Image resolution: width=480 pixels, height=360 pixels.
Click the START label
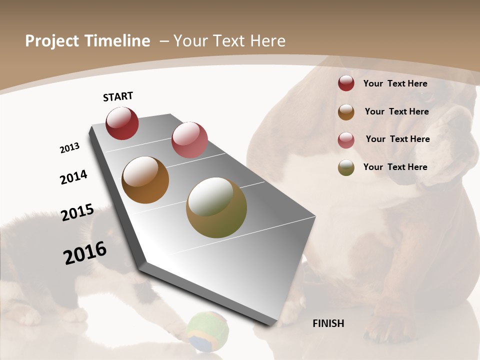(118, 96)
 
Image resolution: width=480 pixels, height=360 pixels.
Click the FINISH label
(328, 323)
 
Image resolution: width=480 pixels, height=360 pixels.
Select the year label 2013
(69, 148)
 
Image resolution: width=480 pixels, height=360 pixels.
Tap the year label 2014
(73, 177)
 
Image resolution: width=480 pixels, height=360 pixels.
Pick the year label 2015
(77, 212)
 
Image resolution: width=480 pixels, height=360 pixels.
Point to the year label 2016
(85, 252)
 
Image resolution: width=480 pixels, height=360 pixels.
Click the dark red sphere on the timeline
(122, 123)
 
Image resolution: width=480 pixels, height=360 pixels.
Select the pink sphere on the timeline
(189, 140)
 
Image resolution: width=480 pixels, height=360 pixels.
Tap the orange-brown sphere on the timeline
(145, 180)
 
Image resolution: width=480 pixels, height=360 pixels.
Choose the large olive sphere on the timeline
(216, 207)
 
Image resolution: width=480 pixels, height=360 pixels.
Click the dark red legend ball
(346, 83)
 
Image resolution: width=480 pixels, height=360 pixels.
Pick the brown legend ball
(346, 112)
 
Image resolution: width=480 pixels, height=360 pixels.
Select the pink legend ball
(346, 140)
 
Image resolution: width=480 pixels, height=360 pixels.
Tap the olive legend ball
(346, 167)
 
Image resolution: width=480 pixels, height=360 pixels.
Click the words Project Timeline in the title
(87, 41)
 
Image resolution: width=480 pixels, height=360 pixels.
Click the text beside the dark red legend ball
(395, 83)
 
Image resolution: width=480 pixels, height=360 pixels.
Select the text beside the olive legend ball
(395, 167)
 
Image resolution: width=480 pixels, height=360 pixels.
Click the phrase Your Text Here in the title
(229, 41)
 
